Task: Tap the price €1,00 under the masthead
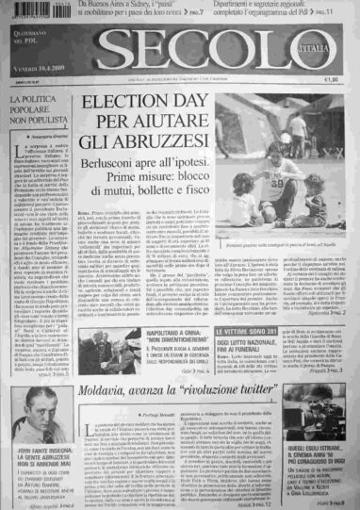[330, 79]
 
